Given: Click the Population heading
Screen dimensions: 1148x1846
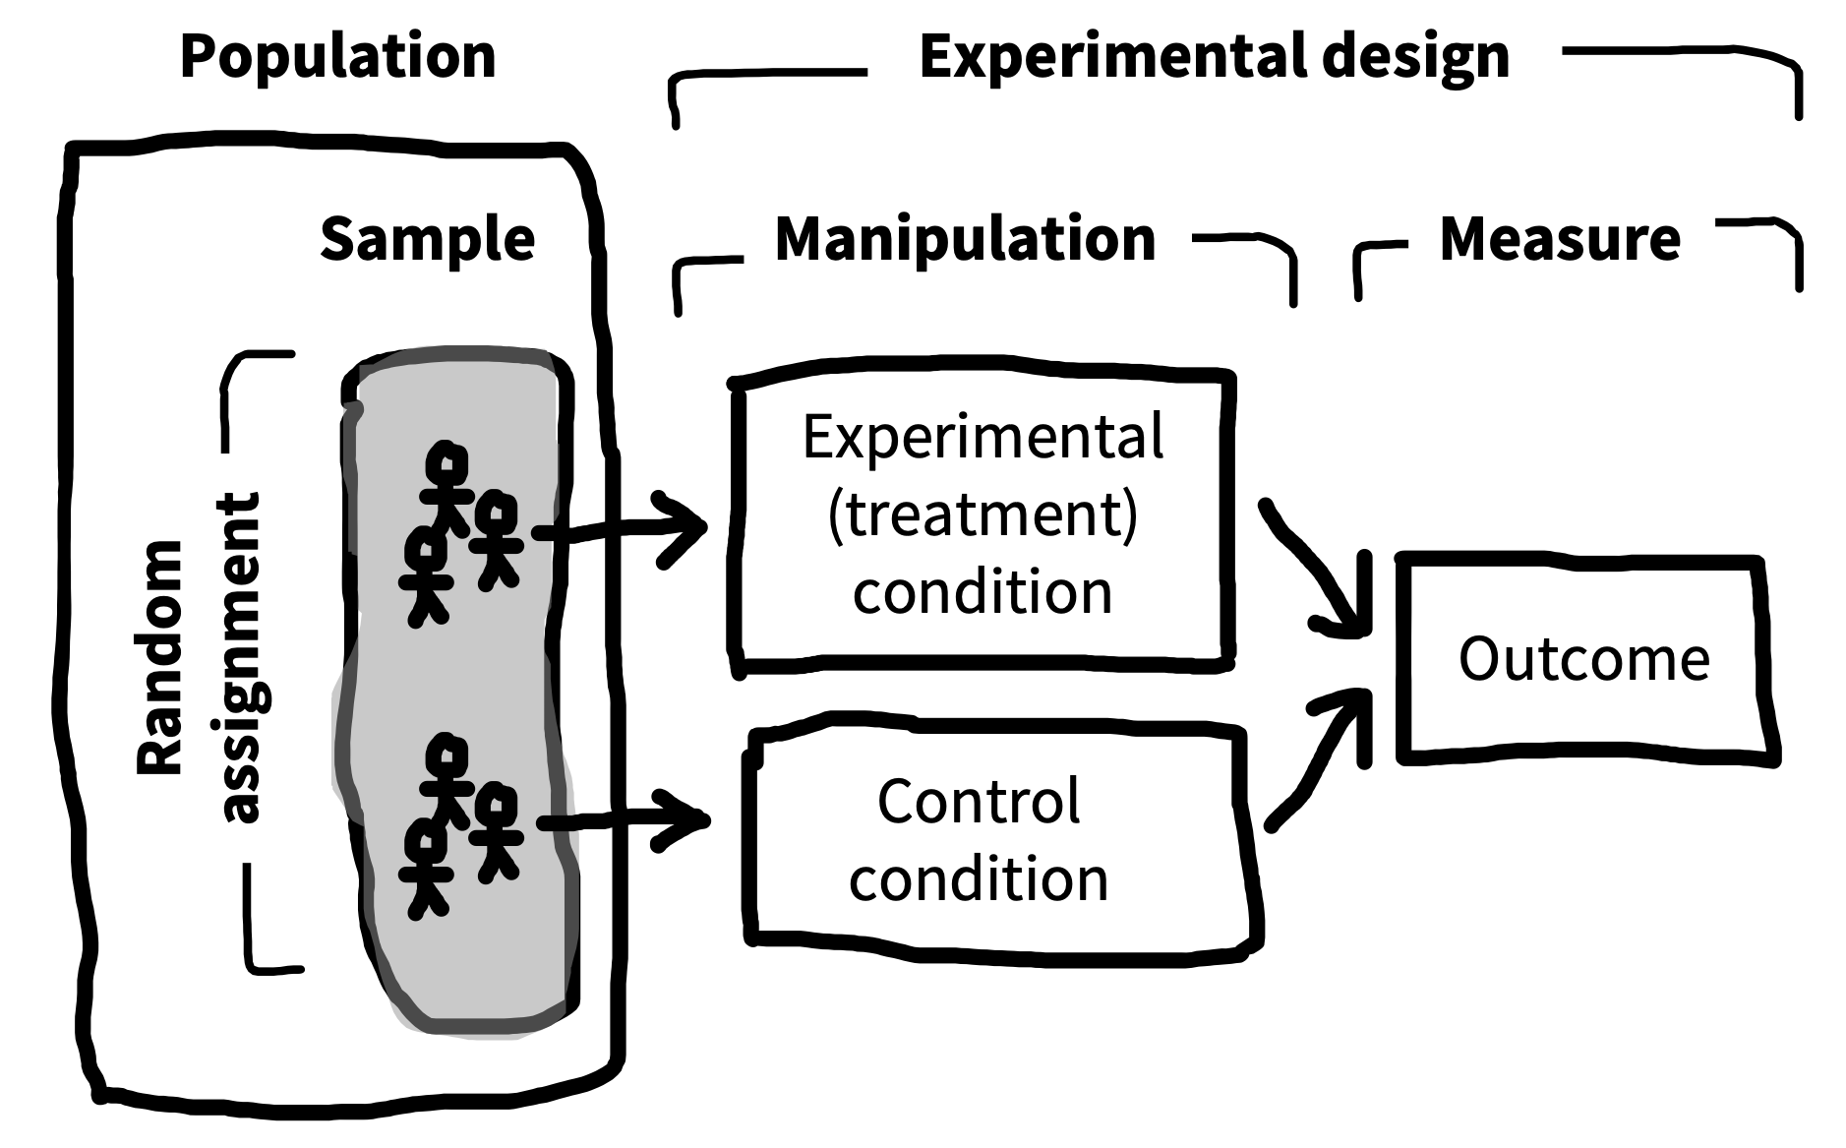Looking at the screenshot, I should pos(337,57).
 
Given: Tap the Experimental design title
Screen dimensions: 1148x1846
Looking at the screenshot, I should pos(1214,57).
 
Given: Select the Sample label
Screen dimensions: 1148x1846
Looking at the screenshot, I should pos(428,239).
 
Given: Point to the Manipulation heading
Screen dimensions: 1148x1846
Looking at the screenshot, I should pos(965,239).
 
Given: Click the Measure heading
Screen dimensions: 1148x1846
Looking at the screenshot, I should pos(1560,239).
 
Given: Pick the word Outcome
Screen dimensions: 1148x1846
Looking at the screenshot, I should pos(1583,658).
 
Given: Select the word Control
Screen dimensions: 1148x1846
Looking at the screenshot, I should pos(979,801).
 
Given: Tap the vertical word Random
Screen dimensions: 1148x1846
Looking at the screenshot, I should pos(160,657).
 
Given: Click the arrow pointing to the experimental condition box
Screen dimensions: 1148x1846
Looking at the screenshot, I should pos(620,529).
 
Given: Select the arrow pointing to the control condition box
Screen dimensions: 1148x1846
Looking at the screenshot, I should pos(625,819).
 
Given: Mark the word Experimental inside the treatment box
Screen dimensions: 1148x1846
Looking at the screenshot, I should pos(983,437).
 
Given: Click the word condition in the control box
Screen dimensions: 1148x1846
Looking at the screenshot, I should pos(979,878).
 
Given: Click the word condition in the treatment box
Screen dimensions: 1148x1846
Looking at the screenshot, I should pos(983,592).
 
